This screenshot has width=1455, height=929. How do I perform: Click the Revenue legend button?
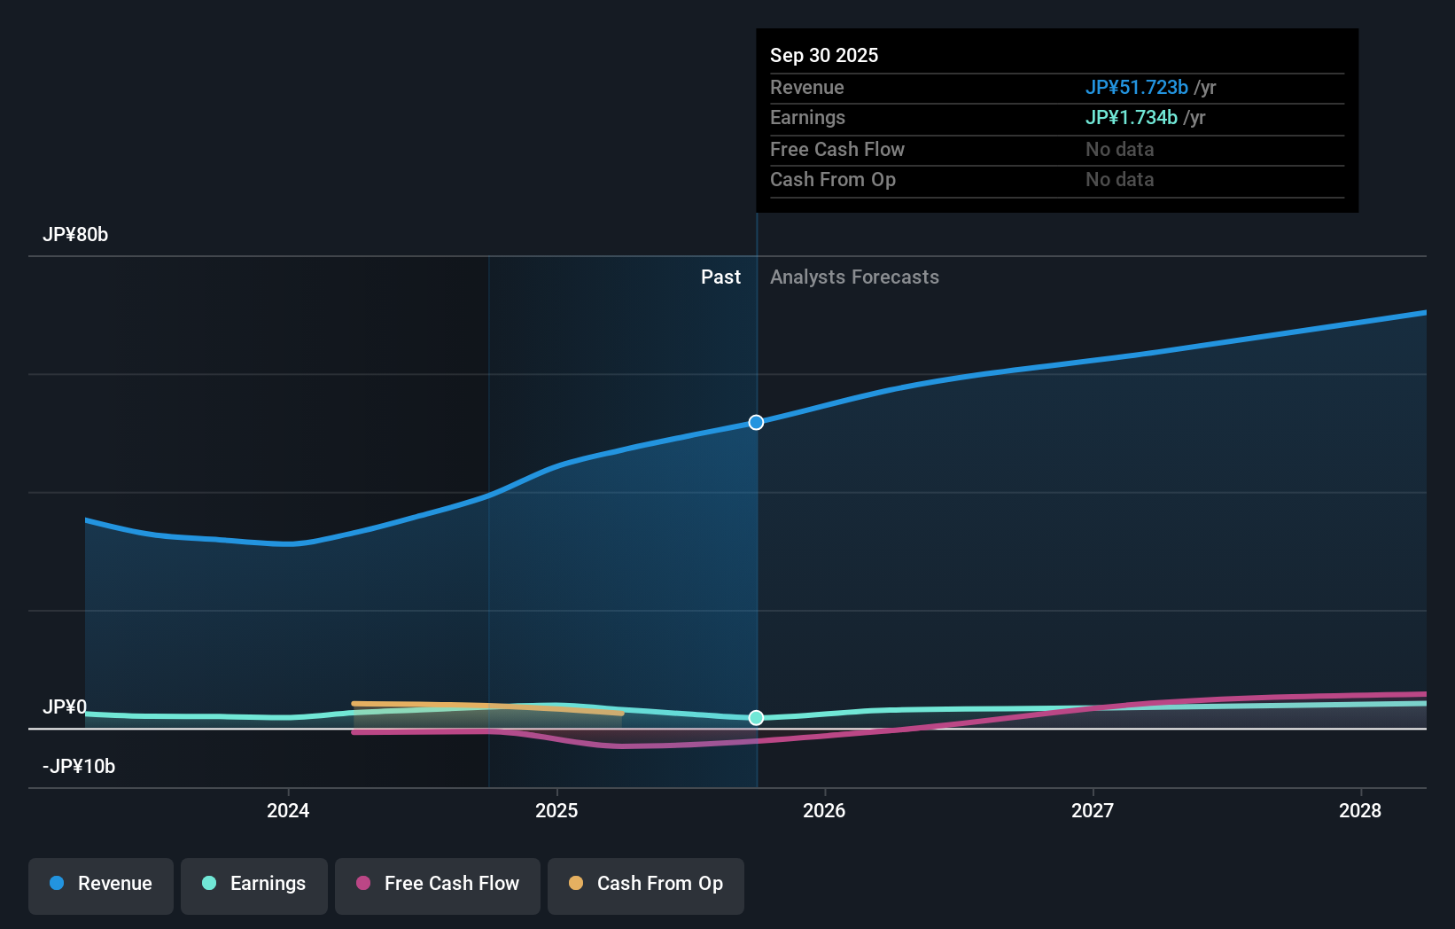[x=101, y=884]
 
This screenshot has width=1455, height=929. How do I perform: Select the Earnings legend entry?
[x=254, y=884]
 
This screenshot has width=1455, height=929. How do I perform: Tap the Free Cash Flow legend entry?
[x=438, y=884]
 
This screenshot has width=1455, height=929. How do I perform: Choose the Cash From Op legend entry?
[x=646, y=884]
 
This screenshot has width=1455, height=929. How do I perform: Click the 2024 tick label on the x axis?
[x=288, y=810]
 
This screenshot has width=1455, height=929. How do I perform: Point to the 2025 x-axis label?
[x=556, y=810]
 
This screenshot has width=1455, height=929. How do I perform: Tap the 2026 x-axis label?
[x=824, y=810]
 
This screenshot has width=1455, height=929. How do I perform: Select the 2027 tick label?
[x=1093, y=810]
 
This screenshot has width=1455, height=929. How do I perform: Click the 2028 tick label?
[x=1360, y=810]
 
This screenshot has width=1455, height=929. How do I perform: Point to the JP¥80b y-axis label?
[x=75, y=235]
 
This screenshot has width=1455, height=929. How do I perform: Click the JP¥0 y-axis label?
[x=65, y=707]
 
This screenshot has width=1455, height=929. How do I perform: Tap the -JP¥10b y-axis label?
[x=79, y=766]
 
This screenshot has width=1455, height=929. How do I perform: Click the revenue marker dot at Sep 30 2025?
[x=756, y=422]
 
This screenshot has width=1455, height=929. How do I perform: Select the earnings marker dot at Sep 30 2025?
[x=756, y=717]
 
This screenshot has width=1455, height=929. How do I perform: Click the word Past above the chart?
[x=720, y=277]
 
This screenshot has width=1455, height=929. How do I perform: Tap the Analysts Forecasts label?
[x=854, y=277]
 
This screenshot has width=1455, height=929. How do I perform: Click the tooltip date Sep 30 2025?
[x=824, y=55]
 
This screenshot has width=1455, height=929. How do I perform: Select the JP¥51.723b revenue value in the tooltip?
[x=1136, y=87]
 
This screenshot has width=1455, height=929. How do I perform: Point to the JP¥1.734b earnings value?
[x=1131, y=117]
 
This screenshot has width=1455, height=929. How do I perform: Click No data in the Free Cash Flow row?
[x=1119, y=149]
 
